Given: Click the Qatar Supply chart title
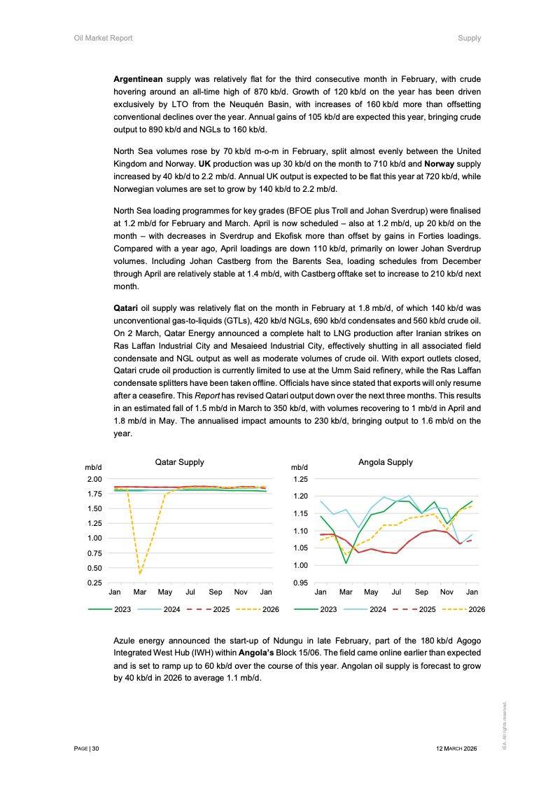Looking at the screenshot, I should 179,462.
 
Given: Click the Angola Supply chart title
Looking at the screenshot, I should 385,462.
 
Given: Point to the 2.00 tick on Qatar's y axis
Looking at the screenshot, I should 94,479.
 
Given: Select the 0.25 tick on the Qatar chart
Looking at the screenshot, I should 94,583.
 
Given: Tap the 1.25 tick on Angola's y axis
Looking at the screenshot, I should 300,479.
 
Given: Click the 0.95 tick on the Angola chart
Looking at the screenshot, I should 300,583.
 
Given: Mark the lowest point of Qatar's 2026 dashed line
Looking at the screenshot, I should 140,574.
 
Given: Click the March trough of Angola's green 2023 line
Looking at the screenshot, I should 346,562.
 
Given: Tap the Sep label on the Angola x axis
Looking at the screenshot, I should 421,592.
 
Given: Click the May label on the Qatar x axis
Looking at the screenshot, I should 165,592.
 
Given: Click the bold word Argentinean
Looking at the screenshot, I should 138,79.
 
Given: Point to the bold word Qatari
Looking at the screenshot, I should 125,308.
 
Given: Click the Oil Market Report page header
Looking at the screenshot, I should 103,38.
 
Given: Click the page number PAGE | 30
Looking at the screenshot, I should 87,749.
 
